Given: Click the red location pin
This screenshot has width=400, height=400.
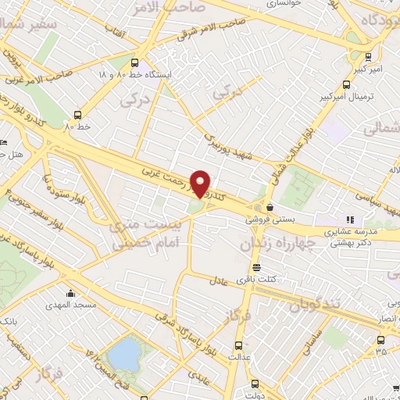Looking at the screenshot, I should (x=201, y=182).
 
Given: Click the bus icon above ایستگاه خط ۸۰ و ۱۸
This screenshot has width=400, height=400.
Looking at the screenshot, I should (x=135, y=62).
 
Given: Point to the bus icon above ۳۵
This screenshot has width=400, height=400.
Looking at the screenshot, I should (x=380, y=340).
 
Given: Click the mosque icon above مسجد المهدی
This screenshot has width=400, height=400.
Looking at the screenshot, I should (x=71, y=295).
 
